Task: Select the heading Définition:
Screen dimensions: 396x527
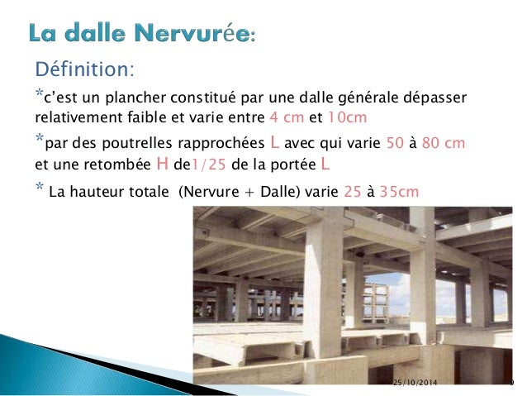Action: point(82,67)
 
